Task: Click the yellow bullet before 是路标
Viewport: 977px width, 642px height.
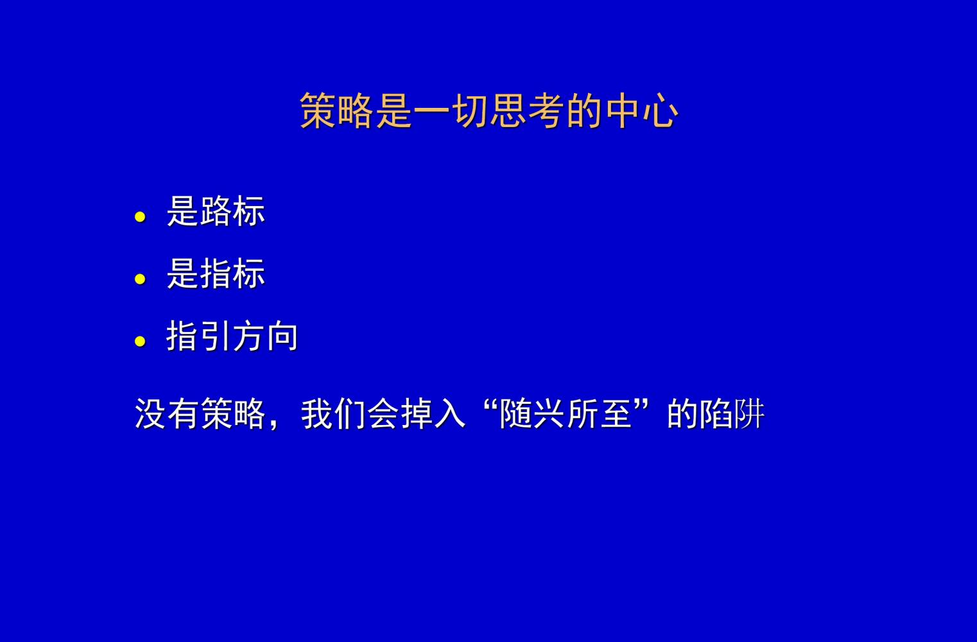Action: pos(141,217)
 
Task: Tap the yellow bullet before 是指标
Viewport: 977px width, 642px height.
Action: pos(141,279)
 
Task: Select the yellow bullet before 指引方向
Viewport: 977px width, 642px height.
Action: pos(141,342)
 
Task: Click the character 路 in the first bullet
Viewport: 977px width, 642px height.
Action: pos(216,211)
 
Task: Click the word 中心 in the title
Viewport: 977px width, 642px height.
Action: pos(641,111)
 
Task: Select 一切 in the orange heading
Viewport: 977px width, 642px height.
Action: pos(451,111)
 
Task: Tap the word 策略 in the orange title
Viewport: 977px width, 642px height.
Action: pos(337,111)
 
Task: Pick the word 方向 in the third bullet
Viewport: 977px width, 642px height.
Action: pos(265,336)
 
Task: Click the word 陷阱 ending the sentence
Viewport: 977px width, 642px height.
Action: pos(732,413)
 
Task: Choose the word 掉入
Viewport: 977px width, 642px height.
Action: pos(433,413)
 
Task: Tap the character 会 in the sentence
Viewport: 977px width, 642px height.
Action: pos(383,413)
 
